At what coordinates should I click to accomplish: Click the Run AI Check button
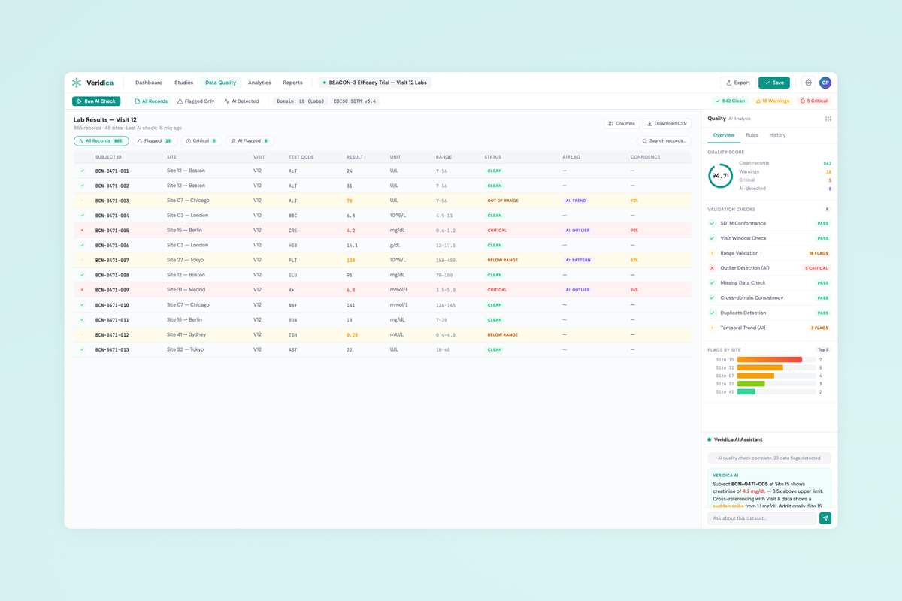click(x=96, y=101)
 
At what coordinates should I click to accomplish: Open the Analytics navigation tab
click(x=259, y=83)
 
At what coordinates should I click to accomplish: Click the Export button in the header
click(x=738, y=83)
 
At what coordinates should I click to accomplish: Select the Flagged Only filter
click(x=195, y=101)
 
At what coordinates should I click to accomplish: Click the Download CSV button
click(x=667, y=123)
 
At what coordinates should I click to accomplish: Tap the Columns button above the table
click(x=622, y=123)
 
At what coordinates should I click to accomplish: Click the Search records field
click(x=664, y=140)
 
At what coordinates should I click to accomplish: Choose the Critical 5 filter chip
click(x=201, y=140)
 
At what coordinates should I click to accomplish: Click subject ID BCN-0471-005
click(x=112, y=231)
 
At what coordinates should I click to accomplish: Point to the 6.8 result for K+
click(x=350, y=290)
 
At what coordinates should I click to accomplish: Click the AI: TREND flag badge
click(x=576, y=201)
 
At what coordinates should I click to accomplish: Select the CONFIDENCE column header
click(x=645, y=157)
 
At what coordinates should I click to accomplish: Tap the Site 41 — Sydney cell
click(x=187, y=334)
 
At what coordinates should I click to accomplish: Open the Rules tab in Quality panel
click(x=752, y=135)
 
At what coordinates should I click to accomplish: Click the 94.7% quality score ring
click(x=721, y=176)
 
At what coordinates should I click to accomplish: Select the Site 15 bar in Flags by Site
click(x=769, y=360)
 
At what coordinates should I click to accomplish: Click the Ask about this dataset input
click(x=761, y=518)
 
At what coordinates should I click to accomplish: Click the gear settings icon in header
click(x=808, y=83)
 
